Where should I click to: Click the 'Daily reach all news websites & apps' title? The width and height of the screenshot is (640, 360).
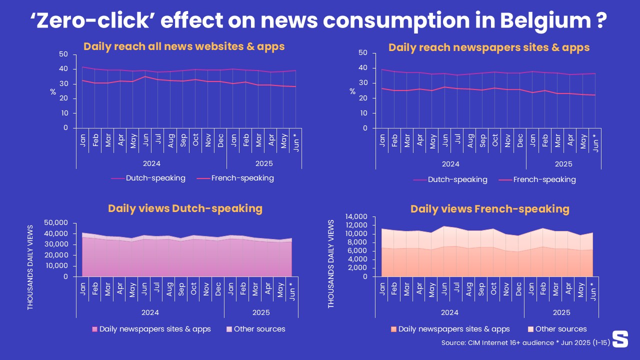click(184, 46)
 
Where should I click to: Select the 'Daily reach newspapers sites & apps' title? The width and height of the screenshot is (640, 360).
click(489, 47)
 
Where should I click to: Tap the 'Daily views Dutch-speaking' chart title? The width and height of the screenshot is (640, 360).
click(185, 208)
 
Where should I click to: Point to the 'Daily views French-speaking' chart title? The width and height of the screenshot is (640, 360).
click(490, 208)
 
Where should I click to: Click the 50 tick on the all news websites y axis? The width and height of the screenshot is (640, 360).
click(63, 54)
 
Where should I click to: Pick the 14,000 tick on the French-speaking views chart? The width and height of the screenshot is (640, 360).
click(356, 216)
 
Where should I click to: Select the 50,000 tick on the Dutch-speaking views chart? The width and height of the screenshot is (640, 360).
click(56, 222)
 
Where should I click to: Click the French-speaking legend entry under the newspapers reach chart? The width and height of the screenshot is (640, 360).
click(544, 179)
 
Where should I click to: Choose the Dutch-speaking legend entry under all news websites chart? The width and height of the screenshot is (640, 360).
click(155, 178)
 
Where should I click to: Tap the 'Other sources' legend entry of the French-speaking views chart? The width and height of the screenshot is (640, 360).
click(561, 329)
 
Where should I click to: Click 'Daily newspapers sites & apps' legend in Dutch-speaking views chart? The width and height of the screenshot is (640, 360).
click(155, 329)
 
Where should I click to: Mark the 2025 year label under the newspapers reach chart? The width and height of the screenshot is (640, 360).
click(563, 164)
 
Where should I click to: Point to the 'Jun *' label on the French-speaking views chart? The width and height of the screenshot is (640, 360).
click(593, 291)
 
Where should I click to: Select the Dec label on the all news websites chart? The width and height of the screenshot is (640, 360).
click(220, 141)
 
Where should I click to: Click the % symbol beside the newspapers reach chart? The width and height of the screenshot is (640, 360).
click(352, 91)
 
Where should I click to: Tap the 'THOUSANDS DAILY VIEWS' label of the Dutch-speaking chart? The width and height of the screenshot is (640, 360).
click(30, 267)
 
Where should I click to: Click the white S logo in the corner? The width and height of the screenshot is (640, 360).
click(620, 338)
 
